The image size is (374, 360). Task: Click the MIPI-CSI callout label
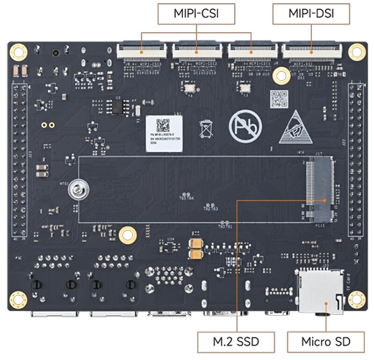pos(196,14)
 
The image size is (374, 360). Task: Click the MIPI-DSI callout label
pos(310,14)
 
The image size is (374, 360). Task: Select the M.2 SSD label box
pos(235,342)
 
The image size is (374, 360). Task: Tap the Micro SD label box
pos(325,342)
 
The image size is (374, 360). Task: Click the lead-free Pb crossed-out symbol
pos(245,125)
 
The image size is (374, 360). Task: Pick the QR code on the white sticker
pos(163,125)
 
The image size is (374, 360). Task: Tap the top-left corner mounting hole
pos(18,51)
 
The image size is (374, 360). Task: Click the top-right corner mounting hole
pos(357,51)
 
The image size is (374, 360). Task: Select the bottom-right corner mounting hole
pos(357,299)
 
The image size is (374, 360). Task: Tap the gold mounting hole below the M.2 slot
pos(128,235)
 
